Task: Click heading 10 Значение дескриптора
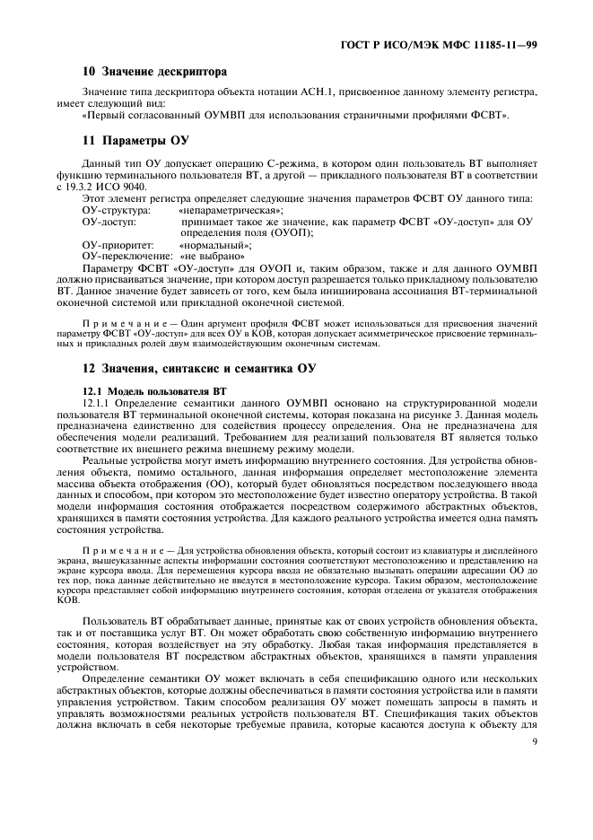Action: [x=155, y=71]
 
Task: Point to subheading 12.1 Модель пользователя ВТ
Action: [x=154, y=390]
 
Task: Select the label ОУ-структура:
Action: [x=116, y=209]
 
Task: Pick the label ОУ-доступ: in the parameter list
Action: [x=109, y=221]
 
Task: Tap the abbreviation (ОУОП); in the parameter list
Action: [x=290, y=232]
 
